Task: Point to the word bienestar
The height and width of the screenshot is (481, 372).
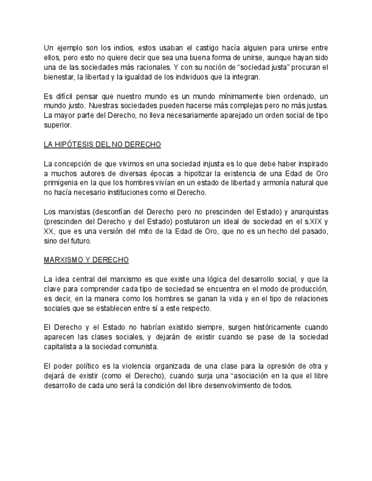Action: pyautogui.click(x=57, y=77)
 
